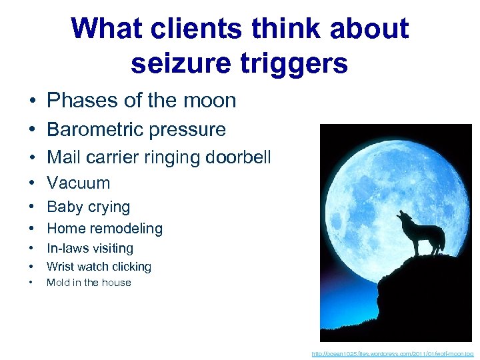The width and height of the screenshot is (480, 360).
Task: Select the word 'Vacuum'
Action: [78, 183]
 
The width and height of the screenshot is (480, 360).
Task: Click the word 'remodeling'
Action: [129, 229]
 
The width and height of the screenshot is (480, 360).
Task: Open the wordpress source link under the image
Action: [393, 353]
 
